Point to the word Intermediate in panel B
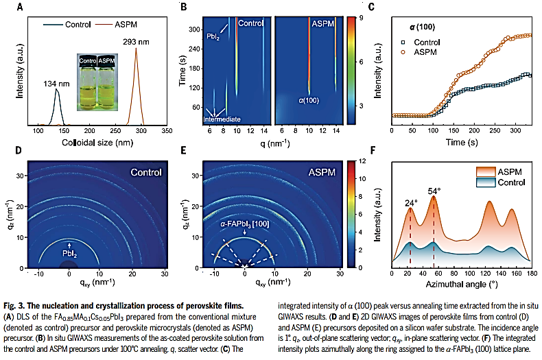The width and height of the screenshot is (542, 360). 222,119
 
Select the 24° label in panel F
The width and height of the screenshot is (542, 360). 410,204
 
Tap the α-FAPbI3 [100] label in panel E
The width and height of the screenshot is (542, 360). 245,222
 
